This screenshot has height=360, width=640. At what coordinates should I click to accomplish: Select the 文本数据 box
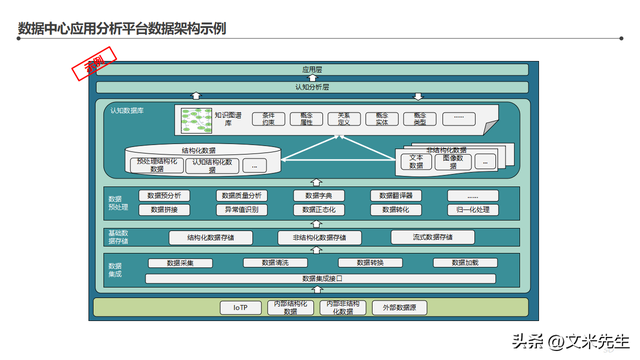[x=417, y=161]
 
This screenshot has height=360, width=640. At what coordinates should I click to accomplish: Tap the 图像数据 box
[x=453, y=161]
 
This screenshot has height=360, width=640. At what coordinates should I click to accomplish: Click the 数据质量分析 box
[x=242, y=195]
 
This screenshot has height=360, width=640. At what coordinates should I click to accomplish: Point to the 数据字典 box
[x=319, y=195]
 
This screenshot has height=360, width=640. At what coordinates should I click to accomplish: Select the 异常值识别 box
[x=242, y=210]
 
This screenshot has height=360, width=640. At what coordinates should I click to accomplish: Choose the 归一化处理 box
[x=473, y=210]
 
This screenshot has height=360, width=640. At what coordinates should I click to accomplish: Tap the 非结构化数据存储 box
[x=319, y=237]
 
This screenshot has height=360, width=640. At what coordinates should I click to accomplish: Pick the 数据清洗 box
[x=275, y=262]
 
